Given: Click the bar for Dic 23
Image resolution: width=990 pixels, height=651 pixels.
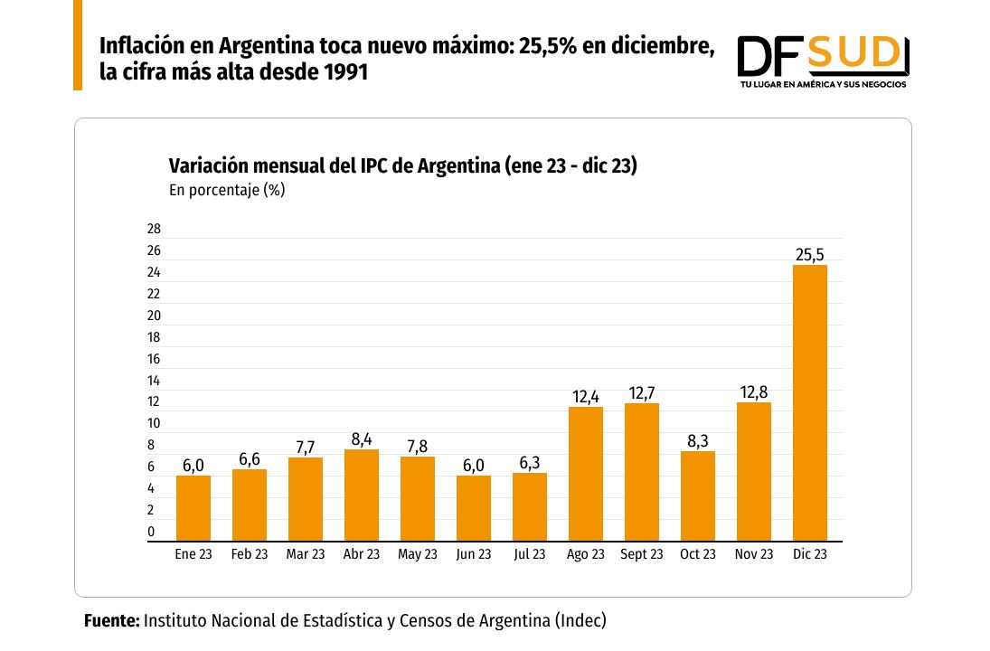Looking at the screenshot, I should pyautogui.click(x=809, y=402).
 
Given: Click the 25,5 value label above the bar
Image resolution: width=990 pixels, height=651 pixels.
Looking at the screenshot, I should pyautogui.click(x=809, y=255).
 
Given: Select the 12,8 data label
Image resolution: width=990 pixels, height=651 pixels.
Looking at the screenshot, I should pyautogui.click(x=754, y=392).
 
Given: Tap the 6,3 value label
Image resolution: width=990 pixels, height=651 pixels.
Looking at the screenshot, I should pyautogui.click(x=530, y=463).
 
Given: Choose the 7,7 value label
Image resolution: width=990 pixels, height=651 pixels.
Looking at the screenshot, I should pyautogui.click(x=306, y=448).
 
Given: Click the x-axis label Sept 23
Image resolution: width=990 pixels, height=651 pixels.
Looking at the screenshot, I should pyautogui.click(x=642, y=554).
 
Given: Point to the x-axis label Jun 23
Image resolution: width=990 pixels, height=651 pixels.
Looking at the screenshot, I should pyautogui.click(x=474, y=554).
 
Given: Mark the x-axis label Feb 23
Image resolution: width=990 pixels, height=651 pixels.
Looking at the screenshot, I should pyautogui.click(x=250, y=554).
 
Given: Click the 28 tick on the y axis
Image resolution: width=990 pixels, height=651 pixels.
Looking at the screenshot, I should pyautogui.click(x=154, y=229).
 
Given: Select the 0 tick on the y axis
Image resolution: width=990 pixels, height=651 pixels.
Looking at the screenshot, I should pyautogui.click(x=151, y=532).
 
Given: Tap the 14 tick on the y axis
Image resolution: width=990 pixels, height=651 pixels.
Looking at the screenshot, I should pyautogui.click(x=154, y=381).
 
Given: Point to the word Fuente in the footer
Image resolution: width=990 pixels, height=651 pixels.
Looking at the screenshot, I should pyautogui.click(x=111, y=620).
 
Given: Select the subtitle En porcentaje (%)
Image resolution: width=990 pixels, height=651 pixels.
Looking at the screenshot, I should pyautogui.click(x=227, y=190).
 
